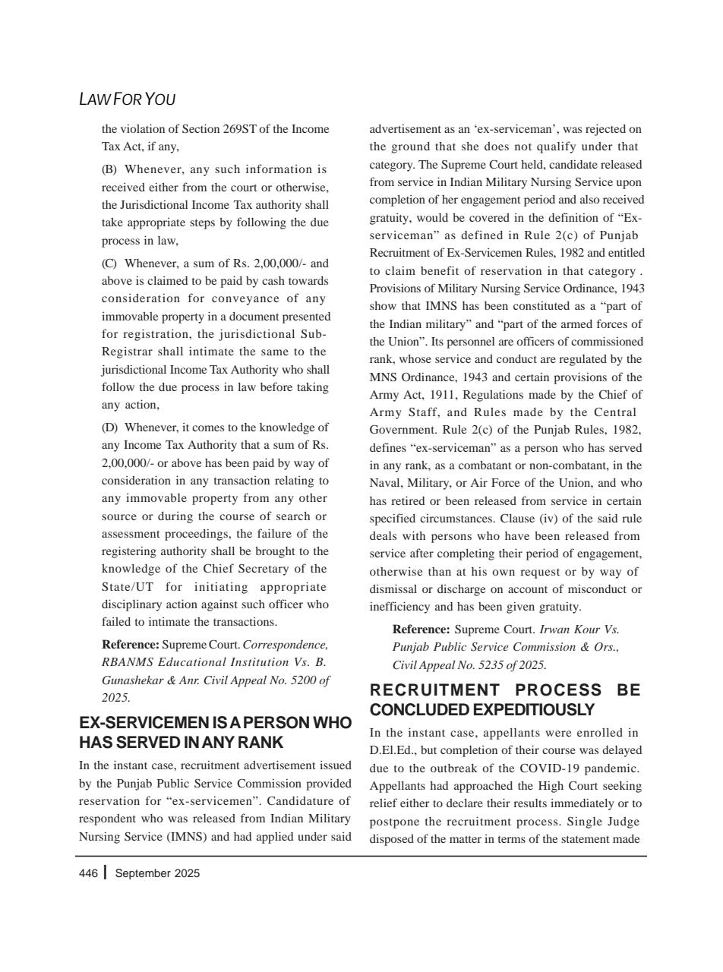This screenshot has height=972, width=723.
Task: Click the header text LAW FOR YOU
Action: click(127, 99)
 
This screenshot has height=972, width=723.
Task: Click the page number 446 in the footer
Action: click(88, 873)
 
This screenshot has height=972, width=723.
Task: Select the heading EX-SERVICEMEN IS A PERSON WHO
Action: click(215, 722)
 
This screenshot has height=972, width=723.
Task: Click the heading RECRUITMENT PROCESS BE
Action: click(505, 690)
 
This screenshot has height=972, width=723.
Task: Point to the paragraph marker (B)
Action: click(109, 169)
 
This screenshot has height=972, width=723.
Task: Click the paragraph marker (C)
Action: click(109, 264)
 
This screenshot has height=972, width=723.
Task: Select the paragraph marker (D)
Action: click(109, 428)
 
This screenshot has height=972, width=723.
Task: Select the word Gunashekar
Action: click(133, 680)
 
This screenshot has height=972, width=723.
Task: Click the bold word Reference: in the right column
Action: click(421, 630)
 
